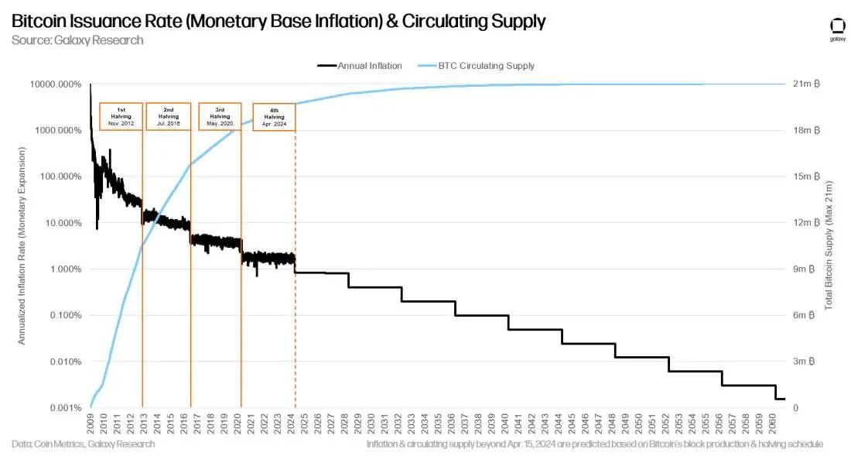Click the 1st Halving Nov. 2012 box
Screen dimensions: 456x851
121,116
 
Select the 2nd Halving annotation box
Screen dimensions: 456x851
168,116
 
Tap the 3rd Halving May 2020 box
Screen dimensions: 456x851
220,116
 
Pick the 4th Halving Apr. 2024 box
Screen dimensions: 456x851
274,117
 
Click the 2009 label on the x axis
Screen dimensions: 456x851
91,424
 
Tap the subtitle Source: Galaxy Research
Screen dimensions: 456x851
77,40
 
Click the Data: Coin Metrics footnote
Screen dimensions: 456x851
84,444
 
